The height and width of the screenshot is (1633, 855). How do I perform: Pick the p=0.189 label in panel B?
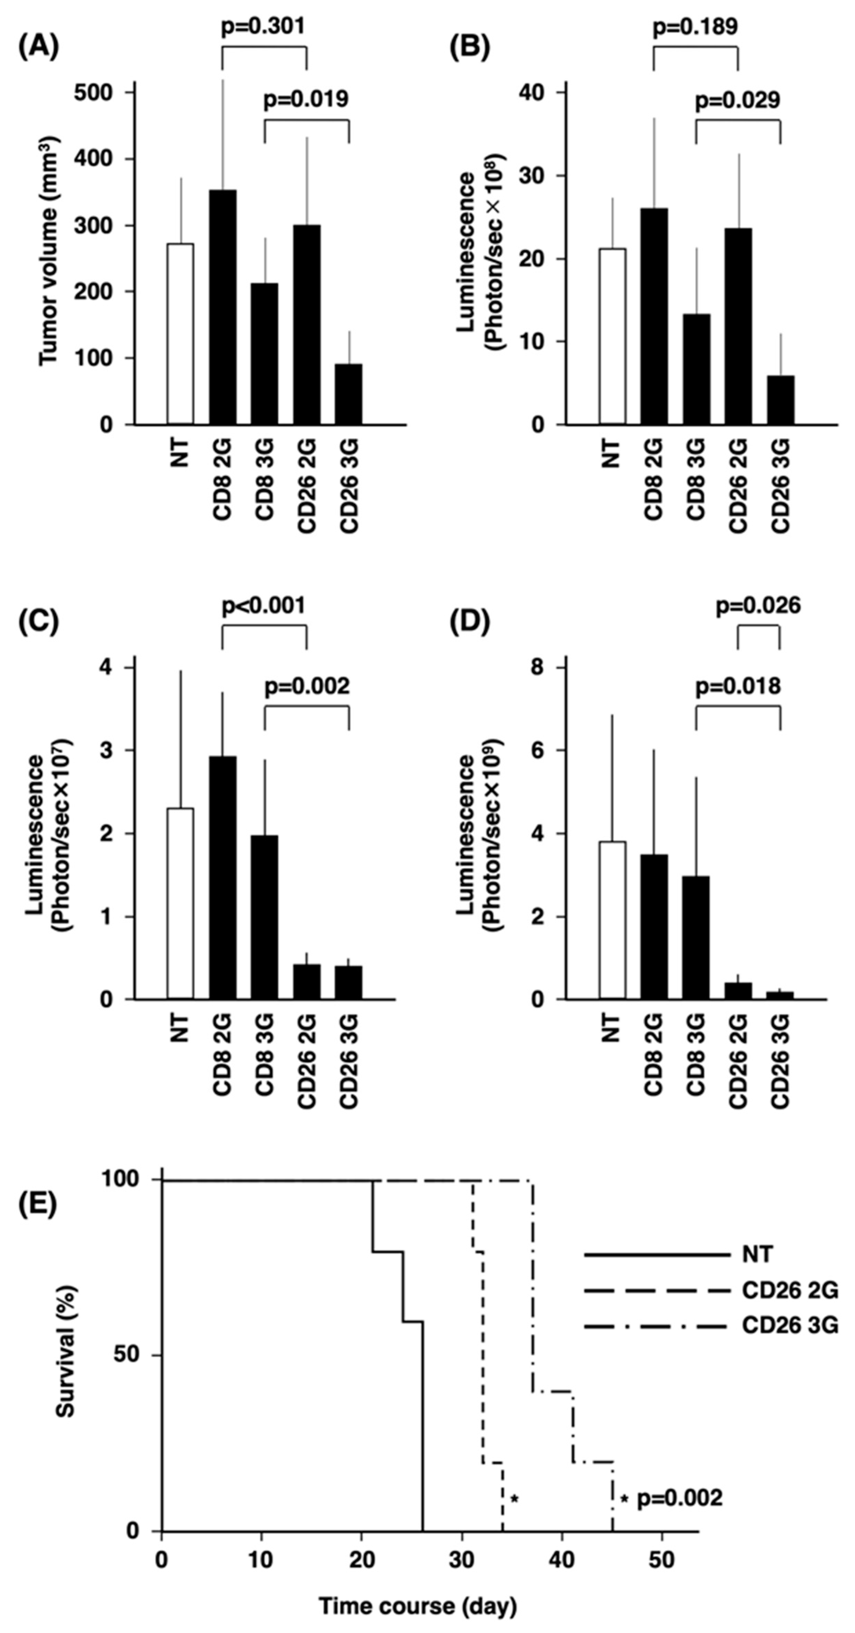pos(695,27)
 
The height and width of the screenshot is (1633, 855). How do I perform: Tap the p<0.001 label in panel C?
pos(263,605)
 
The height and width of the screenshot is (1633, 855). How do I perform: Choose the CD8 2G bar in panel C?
pos(223,877)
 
